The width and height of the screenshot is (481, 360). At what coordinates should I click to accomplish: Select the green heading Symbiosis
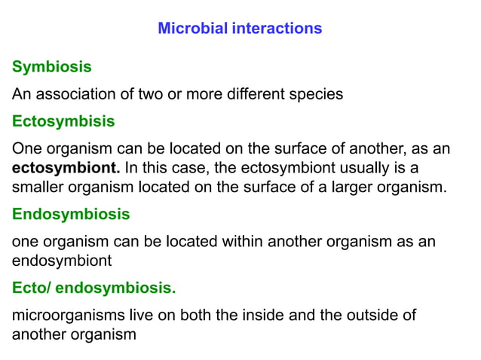(52, 67)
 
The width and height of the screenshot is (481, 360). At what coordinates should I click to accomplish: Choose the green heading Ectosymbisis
(63, 121)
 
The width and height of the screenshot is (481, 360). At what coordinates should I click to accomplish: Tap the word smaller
(39, 187)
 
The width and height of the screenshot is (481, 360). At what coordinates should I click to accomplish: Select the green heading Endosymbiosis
(71, 214)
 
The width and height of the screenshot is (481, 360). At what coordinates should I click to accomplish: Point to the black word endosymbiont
(62, 261)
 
